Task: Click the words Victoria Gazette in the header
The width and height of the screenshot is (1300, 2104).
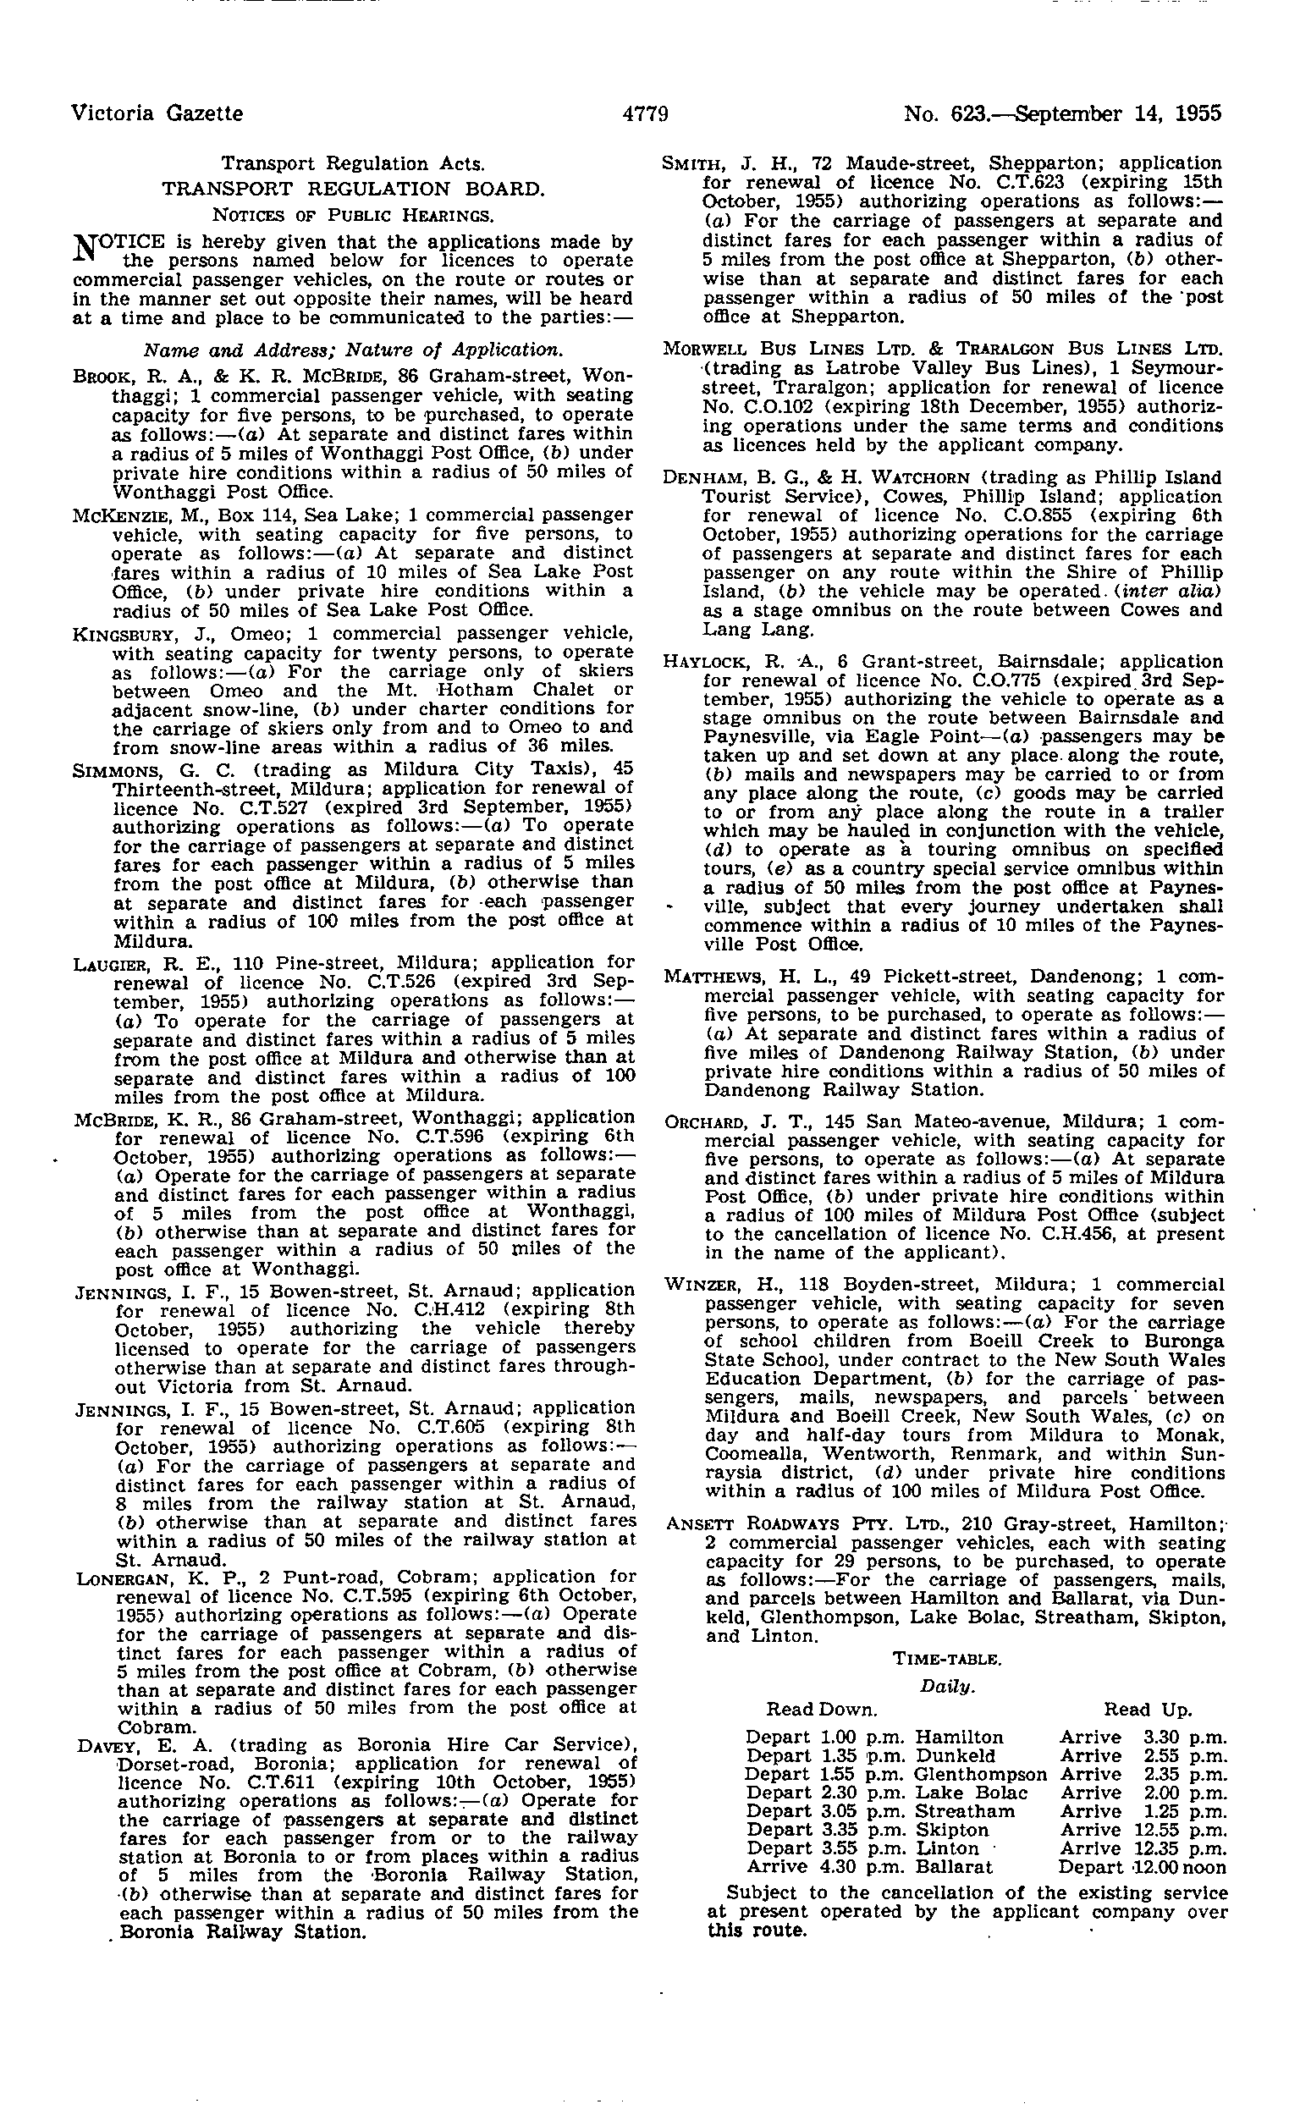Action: pyautogui.click(x=157, y=113)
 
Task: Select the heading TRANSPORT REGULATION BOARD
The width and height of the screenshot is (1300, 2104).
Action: pyautogui.click(x=354, y=188)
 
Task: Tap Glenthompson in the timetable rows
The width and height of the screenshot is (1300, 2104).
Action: pyautogui.click(x=979, y=1774)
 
